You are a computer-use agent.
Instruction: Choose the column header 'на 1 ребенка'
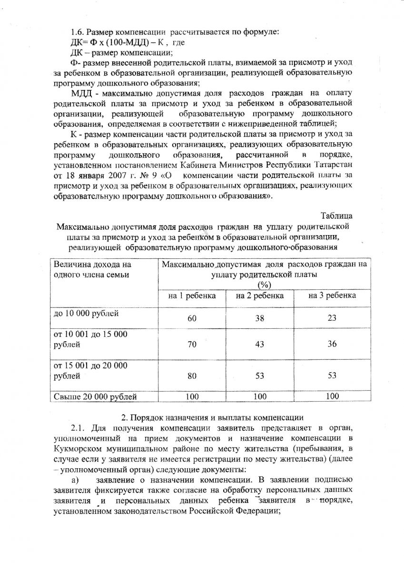192,295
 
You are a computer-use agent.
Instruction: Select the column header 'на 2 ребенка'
260,295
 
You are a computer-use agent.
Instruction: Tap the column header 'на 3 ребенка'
332,295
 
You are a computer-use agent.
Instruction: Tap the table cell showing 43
260,345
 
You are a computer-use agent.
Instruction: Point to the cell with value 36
332,345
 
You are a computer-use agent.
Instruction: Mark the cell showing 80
192,376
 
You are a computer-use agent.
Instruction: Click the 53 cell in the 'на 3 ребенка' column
332,376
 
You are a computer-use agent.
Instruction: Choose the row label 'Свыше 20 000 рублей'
95,396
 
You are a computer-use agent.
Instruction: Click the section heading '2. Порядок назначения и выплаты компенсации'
212,418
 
